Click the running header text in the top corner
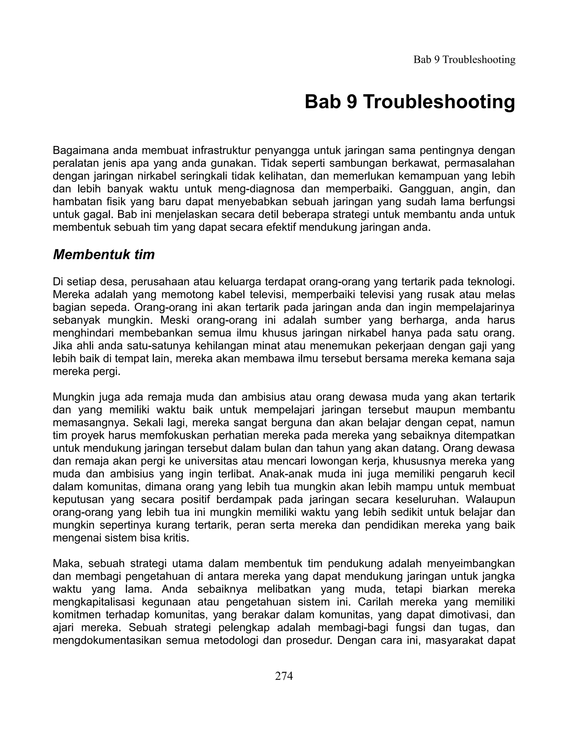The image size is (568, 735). pyautogui.click(x=464, y=60)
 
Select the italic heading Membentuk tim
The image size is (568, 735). pyautogui.click(x=104, y=255)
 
